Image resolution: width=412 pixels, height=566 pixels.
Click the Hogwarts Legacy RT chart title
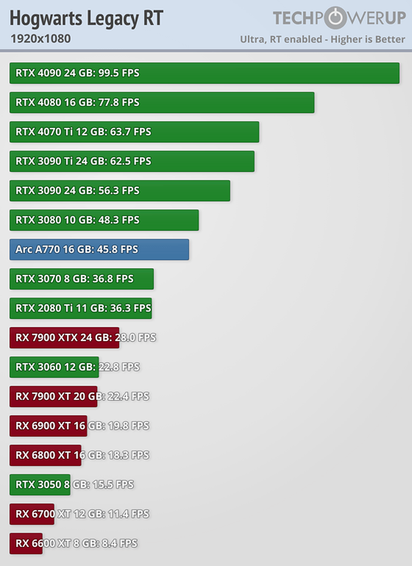[x=86, y=19]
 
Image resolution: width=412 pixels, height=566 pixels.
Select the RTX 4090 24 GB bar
[x=204, y=73]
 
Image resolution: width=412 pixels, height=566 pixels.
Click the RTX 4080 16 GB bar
[x=161, y=103]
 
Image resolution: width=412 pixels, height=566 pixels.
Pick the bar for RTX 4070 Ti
[x=134, y=132]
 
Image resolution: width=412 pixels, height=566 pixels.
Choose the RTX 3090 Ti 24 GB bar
[x=131, y=161]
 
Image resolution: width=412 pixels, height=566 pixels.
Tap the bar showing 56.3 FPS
[x=119, y=191]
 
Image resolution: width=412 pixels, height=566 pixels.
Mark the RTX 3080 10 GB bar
[x=104, y=220]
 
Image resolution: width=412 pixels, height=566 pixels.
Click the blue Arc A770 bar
[x=99, y=249]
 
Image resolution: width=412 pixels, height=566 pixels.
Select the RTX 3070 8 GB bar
[x=81, y=279]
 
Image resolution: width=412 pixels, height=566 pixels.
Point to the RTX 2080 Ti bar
[x=80, y=308]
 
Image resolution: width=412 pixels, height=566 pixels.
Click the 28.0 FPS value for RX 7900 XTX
[x=135, y=337]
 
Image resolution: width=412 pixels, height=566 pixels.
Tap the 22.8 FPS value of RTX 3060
[x=119, y=367]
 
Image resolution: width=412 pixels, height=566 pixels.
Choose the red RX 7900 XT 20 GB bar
[x=53, y=397]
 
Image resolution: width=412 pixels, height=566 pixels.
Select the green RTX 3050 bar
[x=40, y=485]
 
